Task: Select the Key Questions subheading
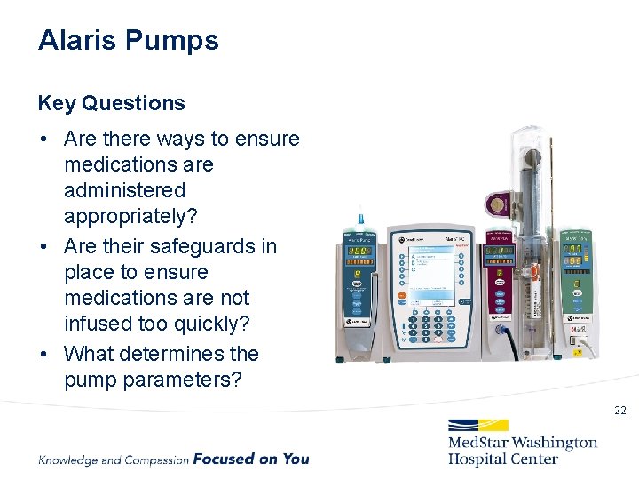click(x=111, y=103)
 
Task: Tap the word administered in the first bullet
click(x=124, y=190)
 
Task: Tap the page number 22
click(x=619, y=411)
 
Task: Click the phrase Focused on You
click(x=251, y=460)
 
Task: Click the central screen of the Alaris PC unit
click(x=432, y=266)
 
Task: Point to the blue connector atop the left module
click(x=360, y=218)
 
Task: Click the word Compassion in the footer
click(x=157, y=460)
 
